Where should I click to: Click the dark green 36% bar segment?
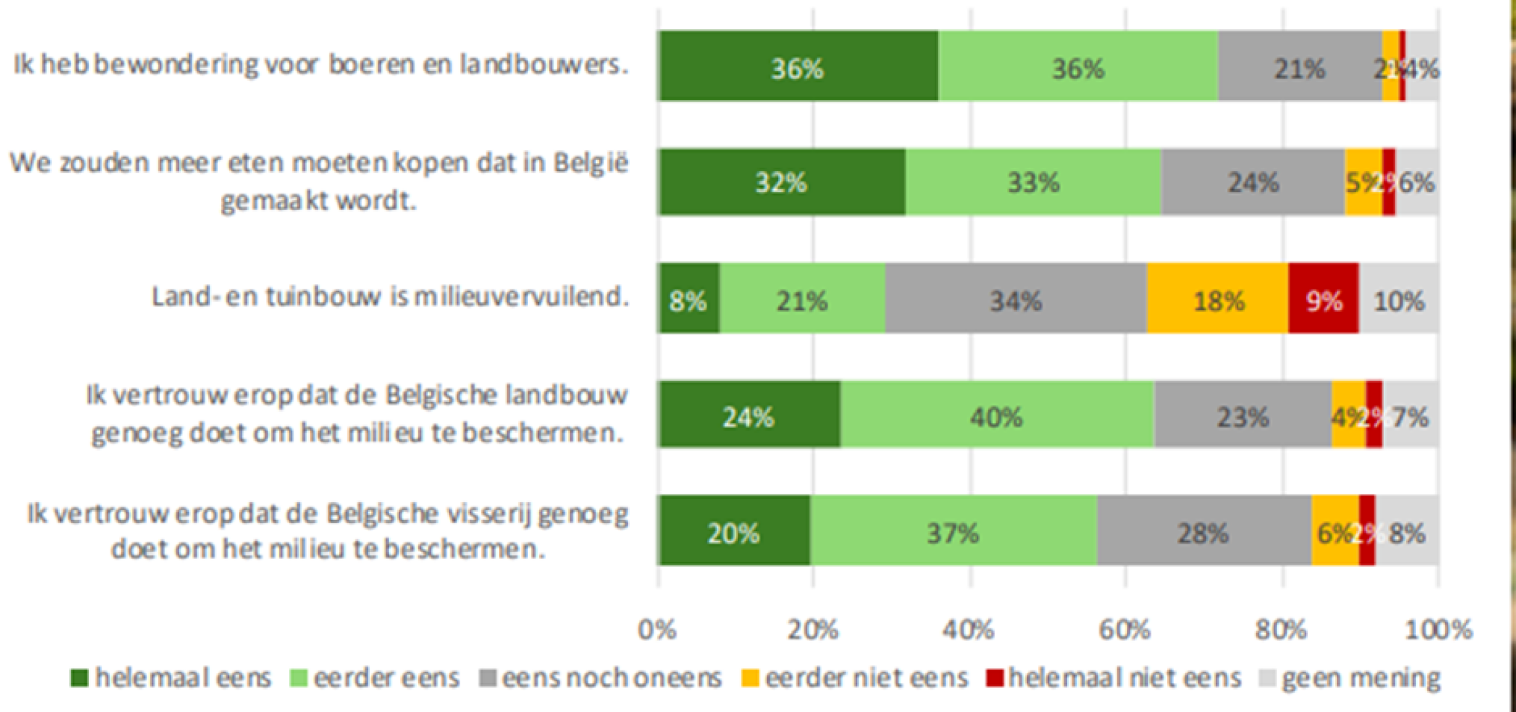(x=798, y=66)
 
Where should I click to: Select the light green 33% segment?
(x=1034, y=182)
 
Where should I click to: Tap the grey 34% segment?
(x=1016, y=299)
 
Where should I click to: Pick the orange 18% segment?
(x=1217, y=299)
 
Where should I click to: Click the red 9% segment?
(x=1323, y=299)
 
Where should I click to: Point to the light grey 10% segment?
(x=1399, y=299)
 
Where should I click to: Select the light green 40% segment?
(x=996, y=415)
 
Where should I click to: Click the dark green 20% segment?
(x=733, y=531)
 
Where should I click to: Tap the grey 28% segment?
(x=1203, y=531)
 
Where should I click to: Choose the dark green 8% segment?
(x=688, y=299)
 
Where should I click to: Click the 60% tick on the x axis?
(x=1125, y=630)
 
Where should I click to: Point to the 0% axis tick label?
(x=657, y=630)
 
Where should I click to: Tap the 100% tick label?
(x=1438, y=630)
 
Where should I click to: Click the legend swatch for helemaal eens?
(x=79, y=678)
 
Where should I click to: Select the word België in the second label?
(x=591, y=162)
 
